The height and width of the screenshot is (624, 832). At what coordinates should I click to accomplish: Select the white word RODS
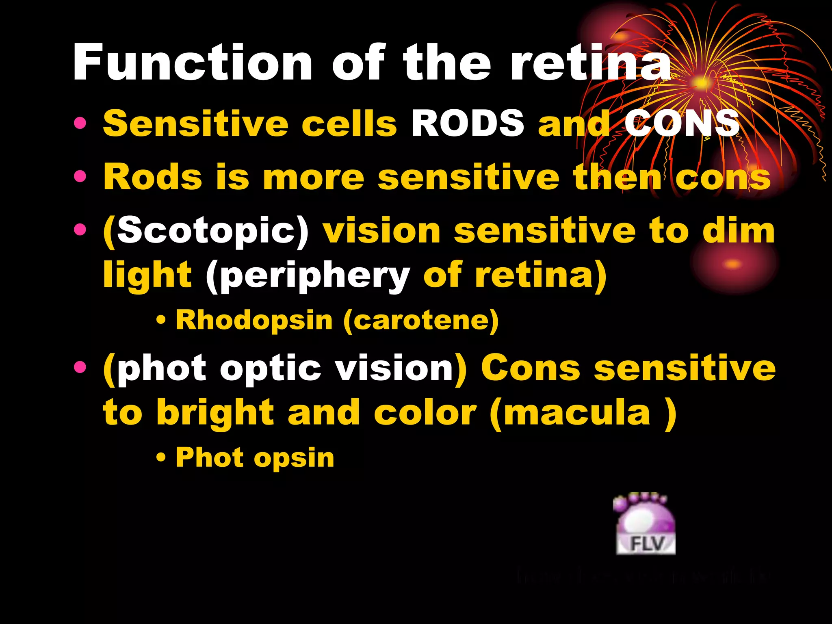coord(468,123)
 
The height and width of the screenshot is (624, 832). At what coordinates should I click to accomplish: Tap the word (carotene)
coord(421,321)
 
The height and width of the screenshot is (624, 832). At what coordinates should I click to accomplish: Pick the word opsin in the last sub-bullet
coord(294,458)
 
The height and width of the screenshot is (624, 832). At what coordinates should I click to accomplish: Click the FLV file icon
coord(646,524)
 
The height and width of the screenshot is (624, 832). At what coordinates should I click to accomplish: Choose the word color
coord(425,413)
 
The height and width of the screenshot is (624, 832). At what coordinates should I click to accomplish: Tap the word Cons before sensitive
coord(530,367)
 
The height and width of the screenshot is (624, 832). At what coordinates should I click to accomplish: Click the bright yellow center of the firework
coord(700,83)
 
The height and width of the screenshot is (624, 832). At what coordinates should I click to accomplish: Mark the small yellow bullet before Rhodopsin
coord(161,321)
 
